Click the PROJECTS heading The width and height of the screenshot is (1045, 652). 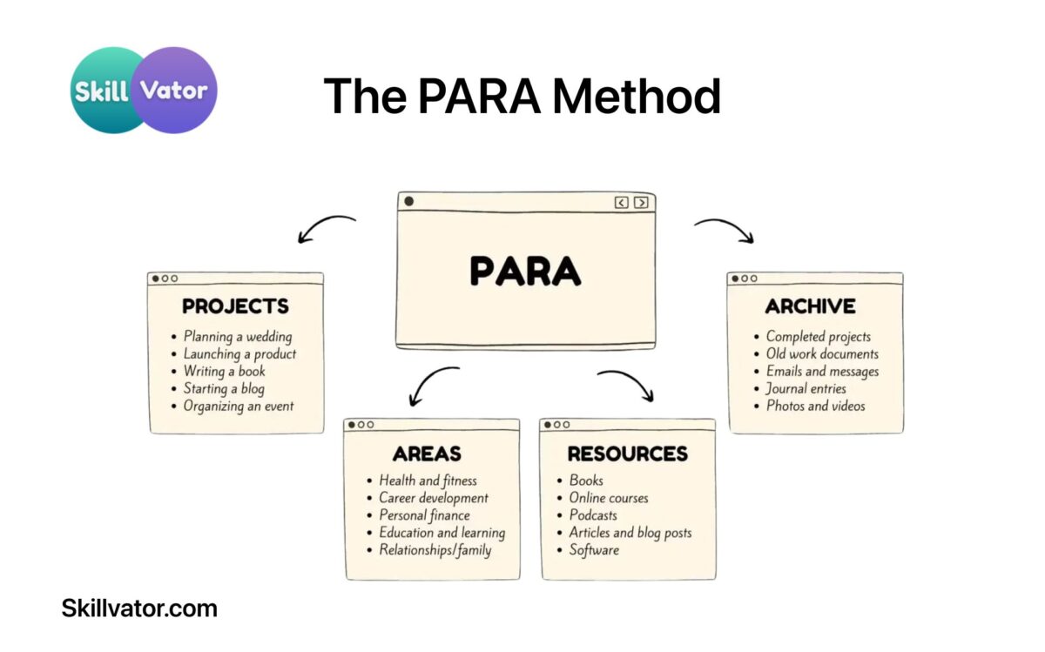pyautogui.click(x=235, y=306)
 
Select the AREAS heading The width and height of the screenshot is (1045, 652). pyautogui.click(x=427, y=454)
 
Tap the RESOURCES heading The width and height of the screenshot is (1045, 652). pyautogui.click(x=627, y=454)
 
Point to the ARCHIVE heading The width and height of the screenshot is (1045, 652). pyautogui.click(x=810, y=306)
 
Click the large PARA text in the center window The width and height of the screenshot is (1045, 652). pyautogui.click(x=525, y=271)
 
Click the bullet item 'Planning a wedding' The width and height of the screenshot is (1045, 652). pyautogui.click(x=238, y=337)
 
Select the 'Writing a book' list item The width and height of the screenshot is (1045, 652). pyautogui.click(x=224, y=372)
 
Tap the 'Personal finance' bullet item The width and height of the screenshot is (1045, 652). pyautogui.click(x=424, y=515)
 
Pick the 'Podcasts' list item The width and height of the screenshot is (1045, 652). pyautogui.click(x=593, y=515)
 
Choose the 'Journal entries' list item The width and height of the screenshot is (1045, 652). pyautogui.click(x=806, y=388)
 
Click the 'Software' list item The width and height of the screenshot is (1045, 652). pyautogui.click(x=594, y=550)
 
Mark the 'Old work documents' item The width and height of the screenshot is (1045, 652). pyautogui.click(x=822, y=354)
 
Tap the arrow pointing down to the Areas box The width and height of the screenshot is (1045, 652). pyautogui.click(x=433, y=386)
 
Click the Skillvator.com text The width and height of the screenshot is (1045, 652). pyautogui.click(x=139, y=608)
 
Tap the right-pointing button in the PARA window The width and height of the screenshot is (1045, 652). pyautogui.click(x=641, y=203)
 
